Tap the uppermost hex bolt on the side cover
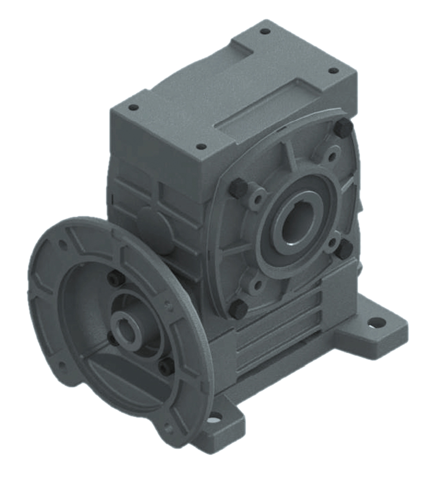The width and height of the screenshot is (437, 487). [344, 128]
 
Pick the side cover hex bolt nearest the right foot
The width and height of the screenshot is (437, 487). [345, 249]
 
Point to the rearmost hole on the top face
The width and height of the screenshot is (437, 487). [265, 31]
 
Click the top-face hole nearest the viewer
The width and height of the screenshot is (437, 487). [202, 147]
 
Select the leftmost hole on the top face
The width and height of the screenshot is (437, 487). [133, 108]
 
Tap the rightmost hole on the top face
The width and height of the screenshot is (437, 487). [333, 70]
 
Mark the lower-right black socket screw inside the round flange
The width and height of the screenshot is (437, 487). [166, 367]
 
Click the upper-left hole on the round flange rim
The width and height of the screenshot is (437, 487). [62, 244]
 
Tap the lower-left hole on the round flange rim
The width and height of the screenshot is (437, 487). [62, 369]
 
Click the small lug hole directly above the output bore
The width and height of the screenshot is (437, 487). [332, 157]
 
